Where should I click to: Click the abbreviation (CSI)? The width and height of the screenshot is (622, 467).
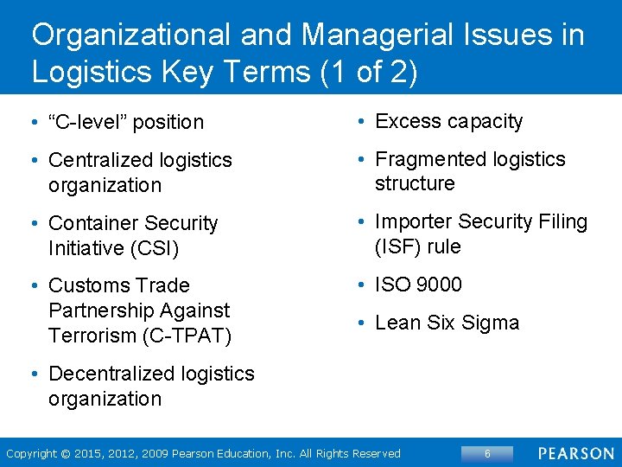[149, 248]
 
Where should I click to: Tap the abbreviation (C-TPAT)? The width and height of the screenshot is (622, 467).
[186, 335]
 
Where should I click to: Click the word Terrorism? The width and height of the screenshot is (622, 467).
[92, 335]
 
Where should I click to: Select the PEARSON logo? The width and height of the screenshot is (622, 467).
[576, 453]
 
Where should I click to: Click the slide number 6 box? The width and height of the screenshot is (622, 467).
[487, 453]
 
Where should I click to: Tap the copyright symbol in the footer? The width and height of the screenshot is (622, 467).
[63, 453]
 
